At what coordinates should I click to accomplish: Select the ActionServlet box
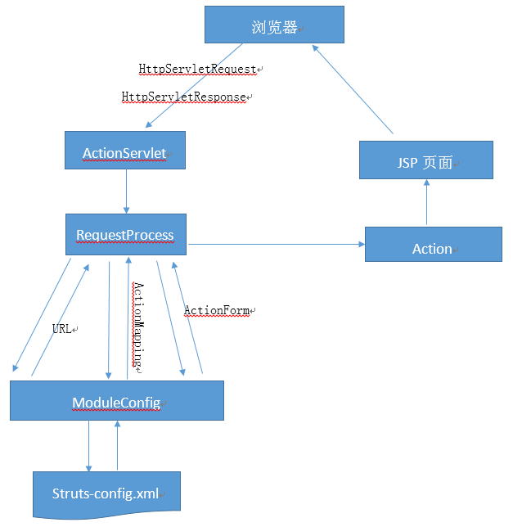124,153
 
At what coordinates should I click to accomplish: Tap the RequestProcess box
125,236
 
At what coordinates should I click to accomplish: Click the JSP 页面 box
425,161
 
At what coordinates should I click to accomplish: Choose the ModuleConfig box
116,401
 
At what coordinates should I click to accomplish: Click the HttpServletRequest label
199,70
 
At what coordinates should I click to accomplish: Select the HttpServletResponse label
184,97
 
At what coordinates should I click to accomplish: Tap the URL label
62,328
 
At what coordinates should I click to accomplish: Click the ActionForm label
217,310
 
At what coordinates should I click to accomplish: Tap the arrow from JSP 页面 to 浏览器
354,90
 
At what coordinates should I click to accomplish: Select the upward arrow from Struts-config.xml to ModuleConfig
118,445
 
